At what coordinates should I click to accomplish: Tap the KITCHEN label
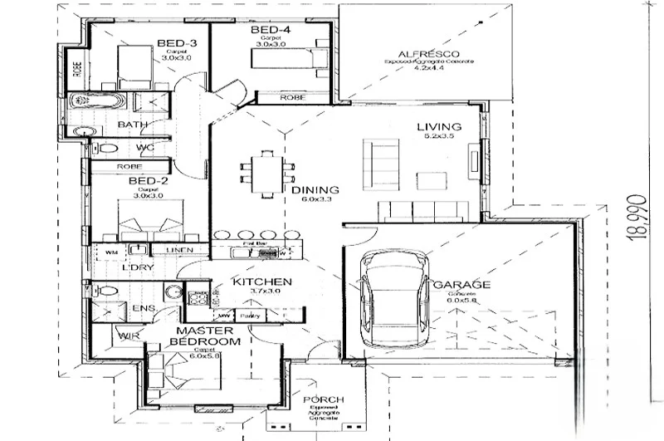(x=261, y=282)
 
